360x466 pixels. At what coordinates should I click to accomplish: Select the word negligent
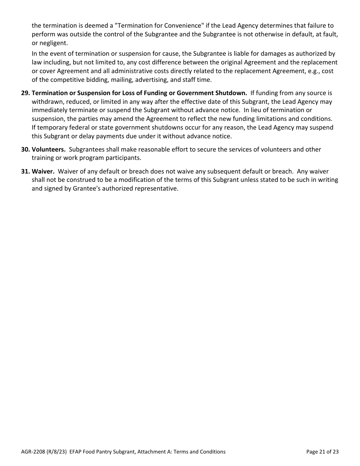[x=53, y=42]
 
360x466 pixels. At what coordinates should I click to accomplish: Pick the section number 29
[x=25, y=93]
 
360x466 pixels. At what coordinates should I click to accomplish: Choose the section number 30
[x=25, y=149]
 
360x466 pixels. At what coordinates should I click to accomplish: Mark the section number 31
[x=25, y=171]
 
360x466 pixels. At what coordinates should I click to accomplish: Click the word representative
[x=156, y=188]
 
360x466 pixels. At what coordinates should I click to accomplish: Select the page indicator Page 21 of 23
[x=322, y=452]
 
